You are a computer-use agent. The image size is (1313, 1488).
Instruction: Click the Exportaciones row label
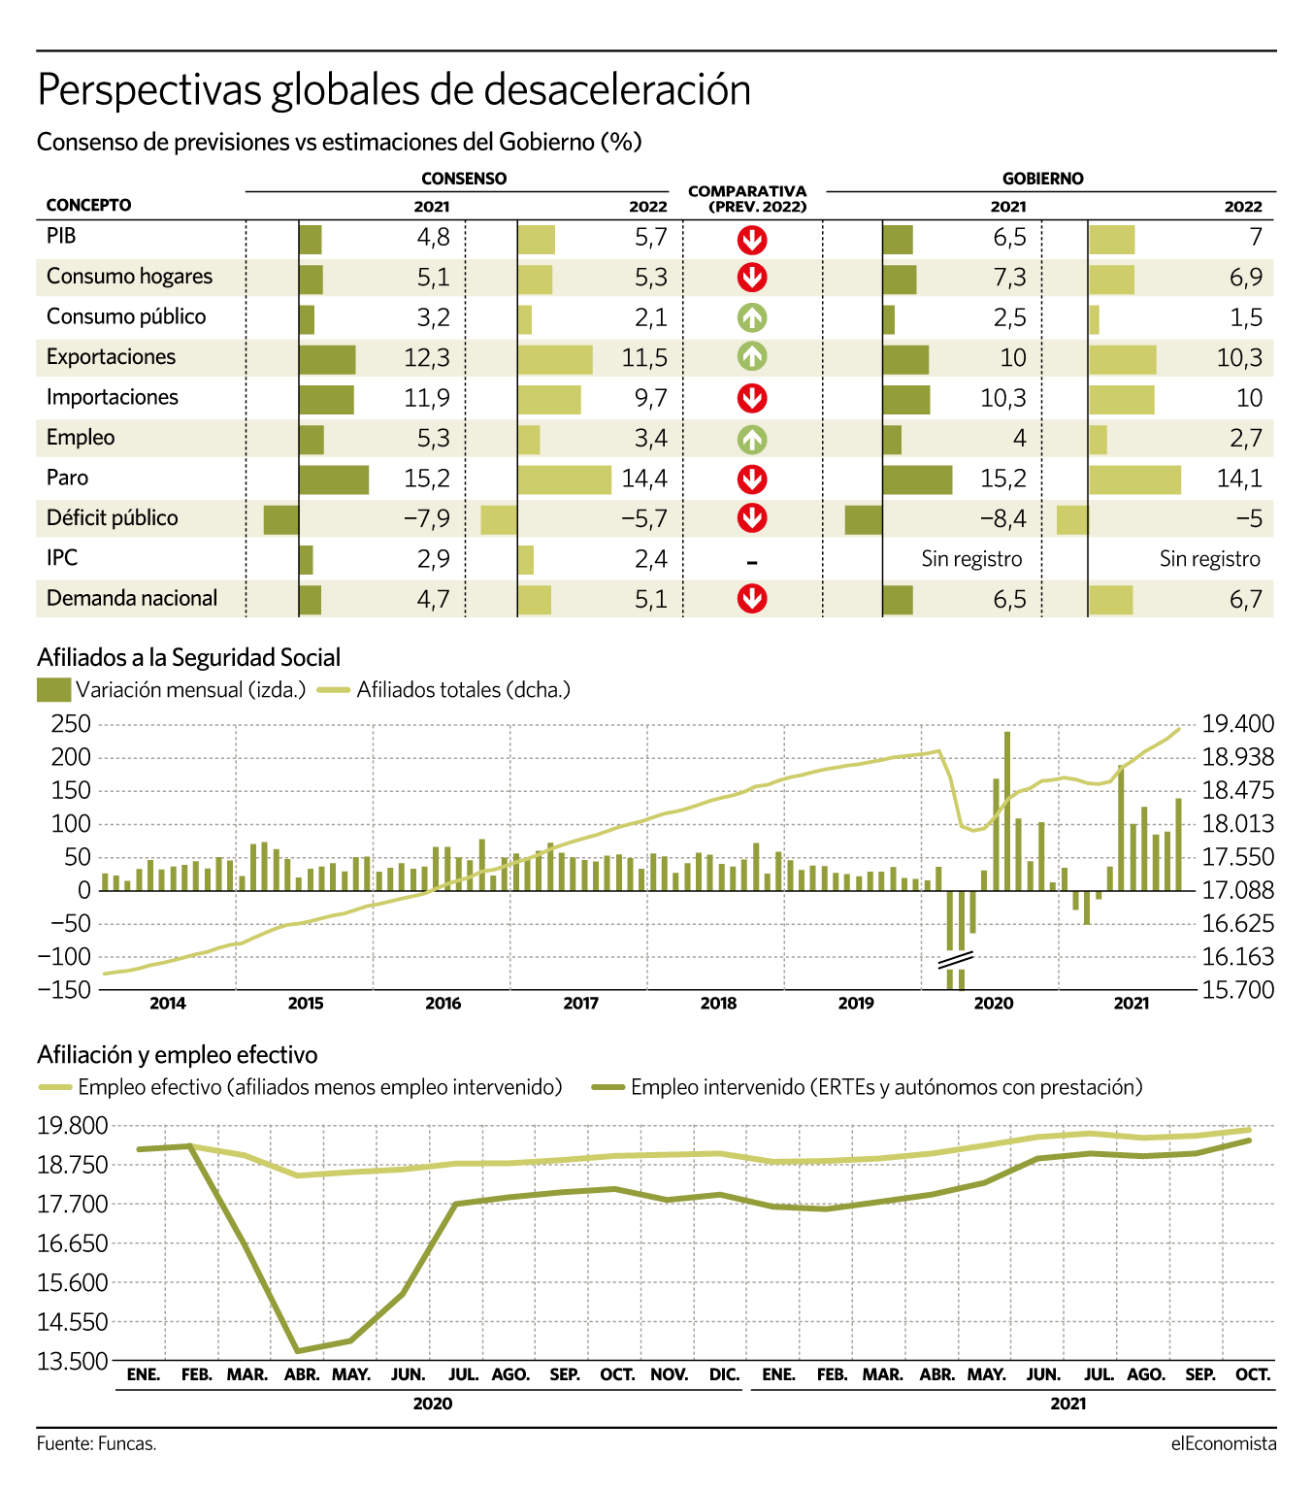tap(111, 357)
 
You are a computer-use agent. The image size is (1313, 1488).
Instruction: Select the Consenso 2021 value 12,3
tap(427, 357)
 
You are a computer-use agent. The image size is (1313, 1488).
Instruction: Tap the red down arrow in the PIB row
tap(752, 240)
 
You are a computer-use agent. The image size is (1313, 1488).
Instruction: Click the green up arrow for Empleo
tap(752, 440)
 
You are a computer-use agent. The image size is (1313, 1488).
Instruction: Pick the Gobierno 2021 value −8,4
tap(1003, 518)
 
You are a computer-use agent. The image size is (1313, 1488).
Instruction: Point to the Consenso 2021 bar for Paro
tap(334, 479)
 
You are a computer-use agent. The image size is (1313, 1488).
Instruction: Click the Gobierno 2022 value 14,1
tap(1239, 479)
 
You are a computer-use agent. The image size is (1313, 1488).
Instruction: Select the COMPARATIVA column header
tap(747, 199)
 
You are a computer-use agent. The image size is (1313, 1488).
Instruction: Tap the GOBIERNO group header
tap(1043, 179)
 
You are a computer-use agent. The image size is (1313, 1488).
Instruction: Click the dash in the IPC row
tap(752, 563)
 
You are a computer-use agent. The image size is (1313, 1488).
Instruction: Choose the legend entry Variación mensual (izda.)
tap(171, 690)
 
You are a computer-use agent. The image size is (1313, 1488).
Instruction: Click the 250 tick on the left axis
tap(71, 724)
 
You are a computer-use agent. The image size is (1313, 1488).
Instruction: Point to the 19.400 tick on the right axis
tap(1238, 724)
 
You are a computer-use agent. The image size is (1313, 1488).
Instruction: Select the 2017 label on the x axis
tap(581, 1004)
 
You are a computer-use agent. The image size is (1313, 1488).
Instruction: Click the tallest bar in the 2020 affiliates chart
tap(1007, 810)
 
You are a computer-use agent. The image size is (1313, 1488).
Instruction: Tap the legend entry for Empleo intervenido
tap(868, 1087)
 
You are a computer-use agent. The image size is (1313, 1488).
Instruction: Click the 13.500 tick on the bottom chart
tap(73, 1361)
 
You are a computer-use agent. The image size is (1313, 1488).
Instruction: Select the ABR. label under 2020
tap(302, 1374)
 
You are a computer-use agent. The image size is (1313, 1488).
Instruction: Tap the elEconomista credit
tap(1224, 1444)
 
